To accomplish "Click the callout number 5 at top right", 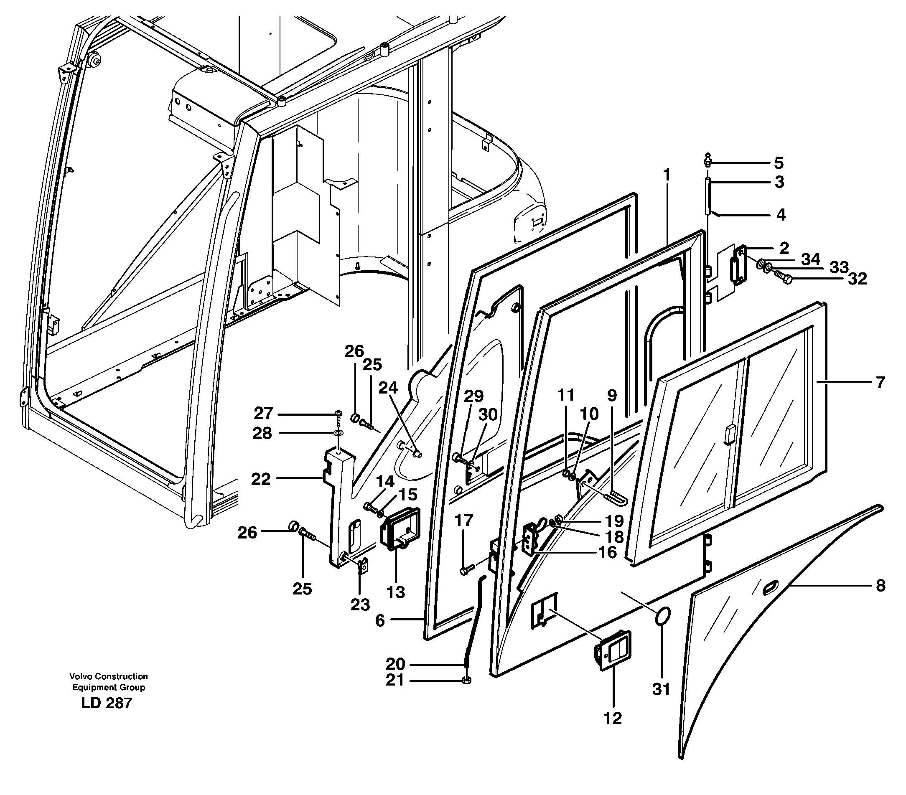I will [779, 163].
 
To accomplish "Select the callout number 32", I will [857, 279].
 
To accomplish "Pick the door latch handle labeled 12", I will [613, 651].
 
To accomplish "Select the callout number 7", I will [880, 382].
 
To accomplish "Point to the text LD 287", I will [107, 703].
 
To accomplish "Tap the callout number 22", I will [261, 479].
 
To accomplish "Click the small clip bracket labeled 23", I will [364, 566].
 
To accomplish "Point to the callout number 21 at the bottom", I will [394, 680].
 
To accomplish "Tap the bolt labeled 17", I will [467, 569].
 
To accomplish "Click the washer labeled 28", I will [338, 433].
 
